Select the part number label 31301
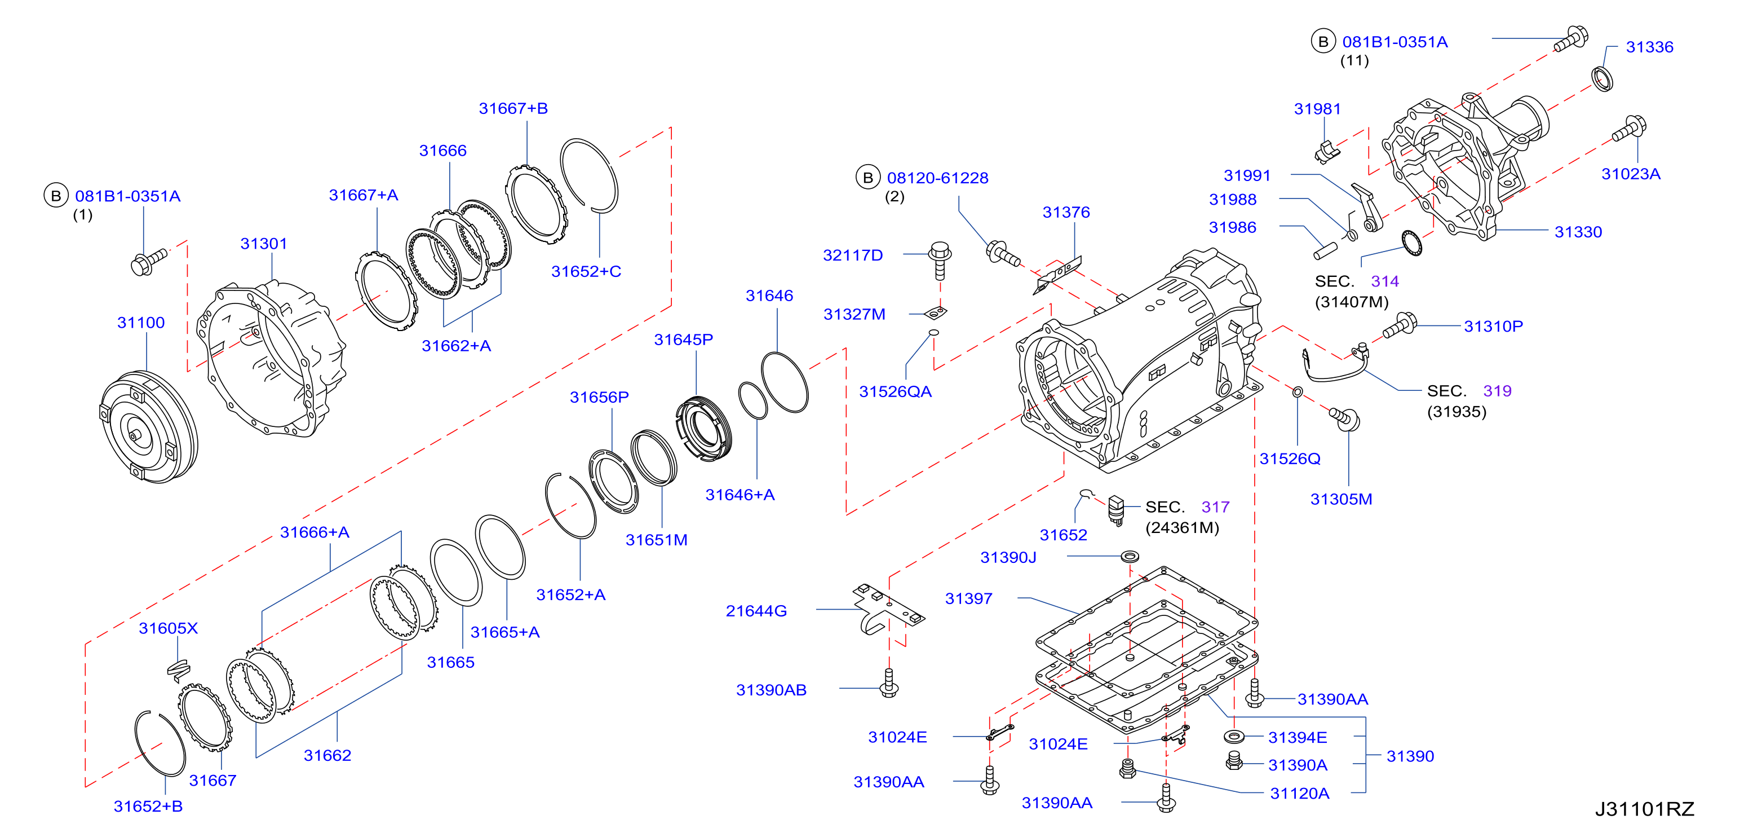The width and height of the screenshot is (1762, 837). pyautogui.click(x=263, y=244)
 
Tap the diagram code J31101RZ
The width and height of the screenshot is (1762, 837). pyautogui.click(x=1644, y=809)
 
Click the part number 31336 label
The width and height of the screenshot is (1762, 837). pyautogui.click(x=1649, y=47)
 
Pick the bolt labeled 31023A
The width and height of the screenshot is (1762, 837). pyautogui.click(x=1630, y=128)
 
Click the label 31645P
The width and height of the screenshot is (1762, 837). pyautogui.click(x=683, y=340)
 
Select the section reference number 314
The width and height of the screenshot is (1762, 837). pyautogui.click(x=1384, y=281)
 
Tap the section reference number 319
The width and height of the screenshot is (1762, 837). pyautogui.click(x=1497, y=391)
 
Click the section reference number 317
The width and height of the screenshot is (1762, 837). pyautogui.click(x=1215, y=507)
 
